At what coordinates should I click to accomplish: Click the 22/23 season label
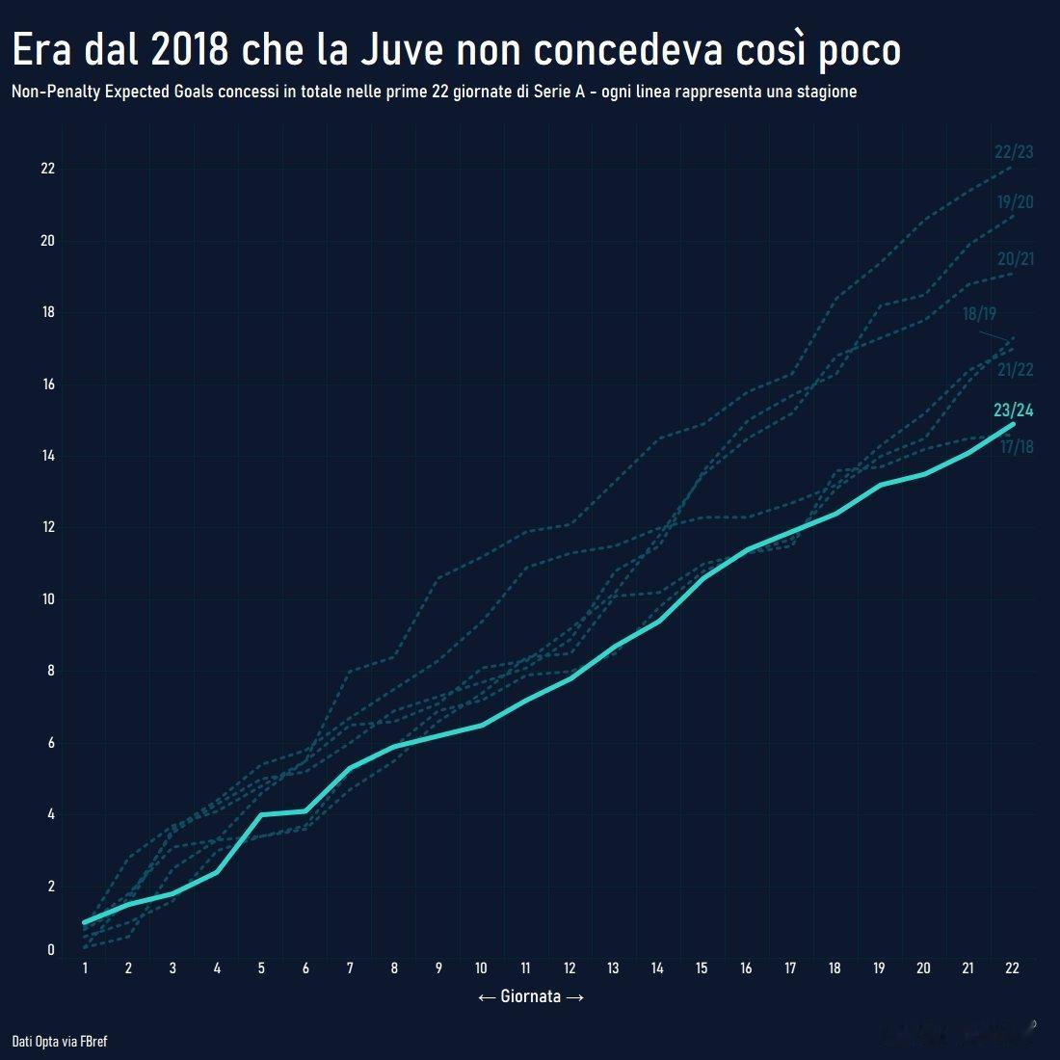1014,152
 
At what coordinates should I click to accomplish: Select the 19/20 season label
1016,202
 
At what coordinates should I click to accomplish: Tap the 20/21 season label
1016,259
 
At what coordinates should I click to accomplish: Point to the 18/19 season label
979,315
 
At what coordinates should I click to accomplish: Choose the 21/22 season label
1016,370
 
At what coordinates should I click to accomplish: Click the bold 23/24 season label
1014,411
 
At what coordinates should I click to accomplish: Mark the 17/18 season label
1017,447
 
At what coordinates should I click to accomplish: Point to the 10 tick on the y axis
47,599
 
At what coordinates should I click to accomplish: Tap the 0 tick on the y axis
51,951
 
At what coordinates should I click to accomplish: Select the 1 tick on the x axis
85,968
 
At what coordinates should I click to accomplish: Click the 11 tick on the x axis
525,968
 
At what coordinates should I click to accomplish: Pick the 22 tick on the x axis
1012,968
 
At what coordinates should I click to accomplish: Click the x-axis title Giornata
531,997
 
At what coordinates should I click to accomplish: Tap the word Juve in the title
402,50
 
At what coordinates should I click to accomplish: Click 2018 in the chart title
190,50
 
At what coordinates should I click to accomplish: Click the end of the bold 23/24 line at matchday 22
1013,424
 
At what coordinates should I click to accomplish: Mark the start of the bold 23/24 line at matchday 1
85,922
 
